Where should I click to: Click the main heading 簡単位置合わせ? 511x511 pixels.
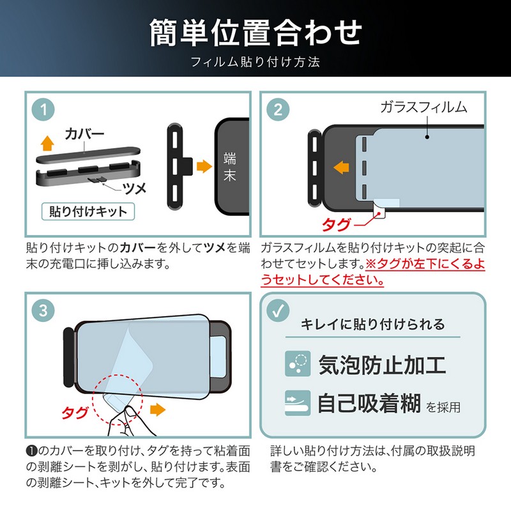coord(256,33)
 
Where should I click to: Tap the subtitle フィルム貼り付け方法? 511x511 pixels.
coord(255,61)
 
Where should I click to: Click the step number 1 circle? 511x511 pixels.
coord(43,109)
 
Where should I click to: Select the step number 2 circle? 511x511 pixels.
coord(278,109)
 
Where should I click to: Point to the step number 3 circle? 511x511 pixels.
coord(43,310)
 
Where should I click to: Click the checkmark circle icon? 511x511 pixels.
coord(278,310)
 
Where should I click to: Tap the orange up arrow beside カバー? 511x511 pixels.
coord(47,142)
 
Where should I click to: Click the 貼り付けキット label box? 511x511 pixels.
coord(88,211)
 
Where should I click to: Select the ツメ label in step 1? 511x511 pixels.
coord(134,188)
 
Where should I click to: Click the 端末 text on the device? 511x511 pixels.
coord(230,167)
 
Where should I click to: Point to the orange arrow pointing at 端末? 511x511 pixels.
coord(204,166)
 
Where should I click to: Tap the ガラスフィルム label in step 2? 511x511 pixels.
coord(423,107)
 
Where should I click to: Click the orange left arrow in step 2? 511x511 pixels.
coord(341,167)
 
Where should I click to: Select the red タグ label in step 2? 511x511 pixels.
coord(337,225)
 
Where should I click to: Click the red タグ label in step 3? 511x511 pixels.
coord(75,413)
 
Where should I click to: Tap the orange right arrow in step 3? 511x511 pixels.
coord(158,409)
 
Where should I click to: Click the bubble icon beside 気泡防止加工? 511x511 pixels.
coord(298,363)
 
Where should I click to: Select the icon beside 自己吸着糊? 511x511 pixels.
coord(298,403)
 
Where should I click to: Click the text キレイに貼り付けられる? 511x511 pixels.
coord(372,324)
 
